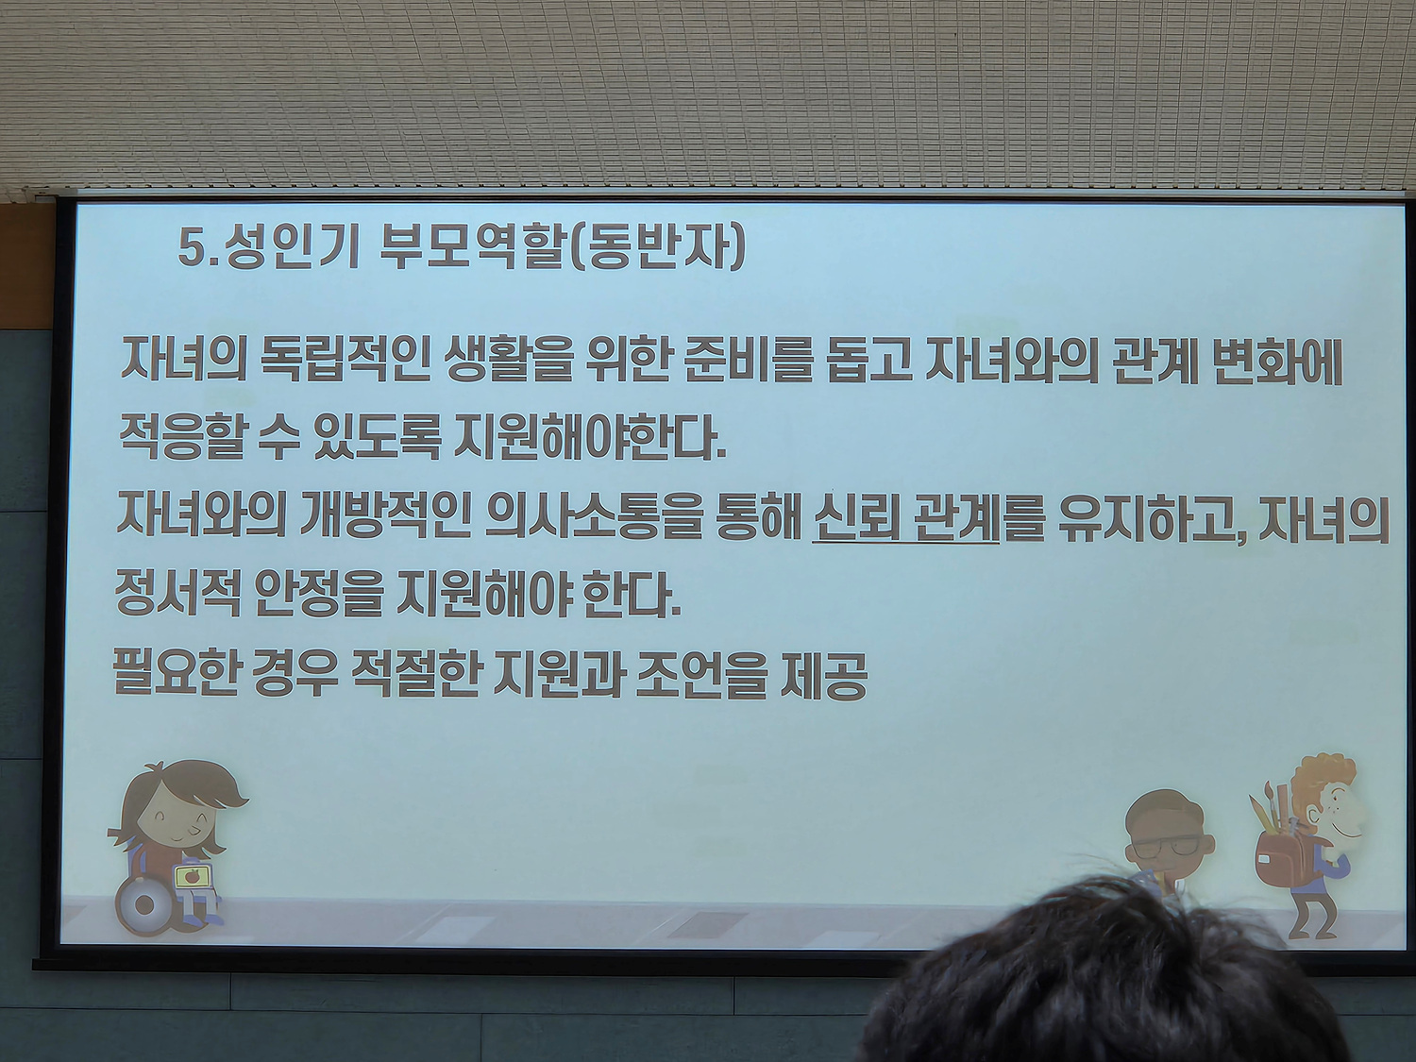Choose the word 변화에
click(1278, 366)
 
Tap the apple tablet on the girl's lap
click(191, 876)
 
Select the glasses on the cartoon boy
click(1168, 845)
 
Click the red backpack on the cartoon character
click(1284, 856)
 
